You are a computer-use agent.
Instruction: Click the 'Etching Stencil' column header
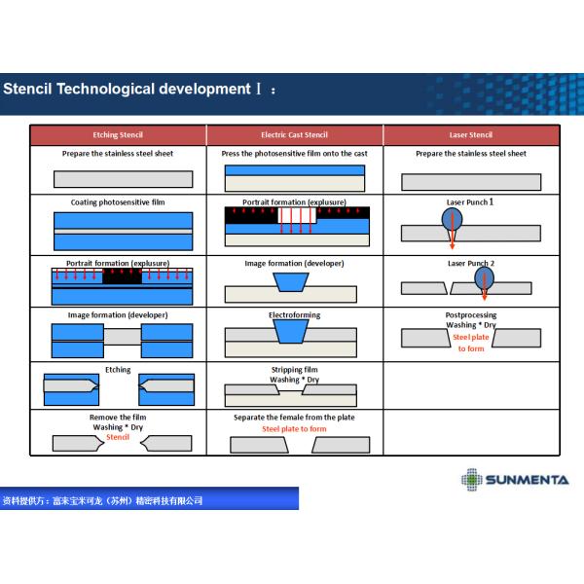point(117,135)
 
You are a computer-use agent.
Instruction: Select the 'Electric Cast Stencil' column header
point(294,135)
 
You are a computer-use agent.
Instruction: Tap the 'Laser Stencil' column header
point(471,135)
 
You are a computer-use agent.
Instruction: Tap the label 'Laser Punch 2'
point(471,263)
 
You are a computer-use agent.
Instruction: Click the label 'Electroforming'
point(294,315)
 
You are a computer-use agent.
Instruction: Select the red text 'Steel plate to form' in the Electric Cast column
point(294,429)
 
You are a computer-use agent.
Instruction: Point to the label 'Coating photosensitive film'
point(118,202)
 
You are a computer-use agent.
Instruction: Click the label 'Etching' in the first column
point(118,370)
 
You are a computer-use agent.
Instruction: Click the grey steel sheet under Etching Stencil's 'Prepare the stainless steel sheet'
point(117,179)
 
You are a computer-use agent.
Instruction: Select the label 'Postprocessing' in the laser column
point(471,315)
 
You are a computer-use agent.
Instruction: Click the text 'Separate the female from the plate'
point(294,418)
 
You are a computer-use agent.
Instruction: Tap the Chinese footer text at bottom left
point(103,500)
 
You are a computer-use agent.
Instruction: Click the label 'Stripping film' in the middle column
point(294,370)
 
